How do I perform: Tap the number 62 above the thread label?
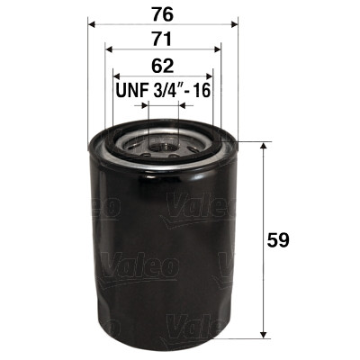click(163, 65)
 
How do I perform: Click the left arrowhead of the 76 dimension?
click(91, 24)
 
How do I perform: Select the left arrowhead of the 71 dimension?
click(108, 50)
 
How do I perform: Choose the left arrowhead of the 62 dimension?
click(115, 77)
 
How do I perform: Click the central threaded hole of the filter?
click(163, 142)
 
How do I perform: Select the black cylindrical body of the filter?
click(162, 252)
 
